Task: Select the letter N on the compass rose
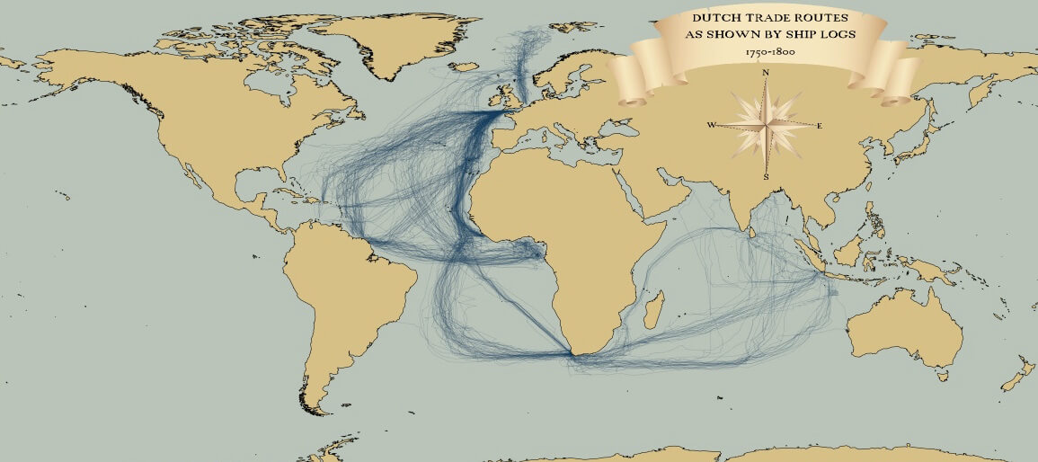[766, 71]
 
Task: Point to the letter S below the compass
[766, 177]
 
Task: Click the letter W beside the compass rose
[711, 125]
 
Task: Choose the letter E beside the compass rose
[820, 126]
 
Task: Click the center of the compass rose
[766, 125]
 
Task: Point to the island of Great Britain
[509, 93]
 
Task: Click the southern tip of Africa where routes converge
[575, 354]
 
